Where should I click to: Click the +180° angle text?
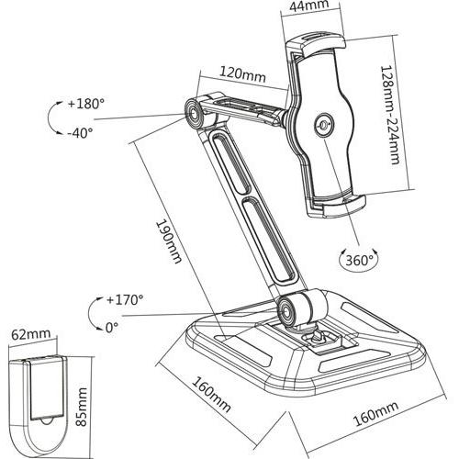85,103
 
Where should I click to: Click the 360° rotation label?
360,260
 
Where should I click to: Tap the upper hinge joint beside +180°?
195,113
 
